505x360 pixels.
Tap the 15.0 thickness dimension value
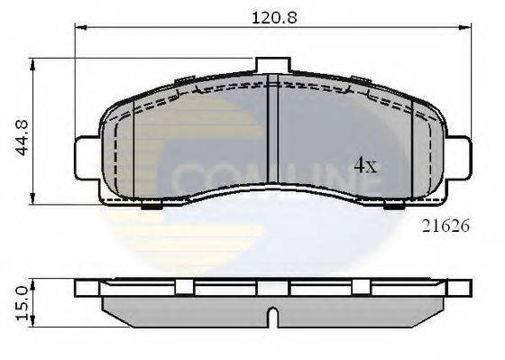click(20, 298)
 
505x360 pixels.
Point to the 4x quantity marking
click(364, 165)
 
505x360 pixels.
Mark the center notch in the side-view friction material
click(271, 318)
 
